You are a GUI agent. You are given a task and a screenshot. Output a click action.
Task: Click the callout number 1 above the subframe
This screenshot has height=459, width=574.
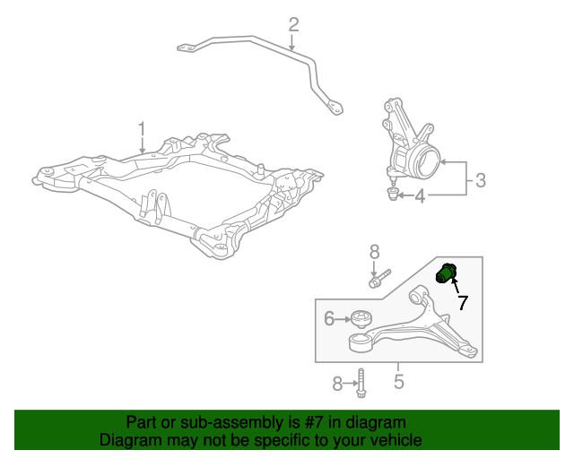(142, 131)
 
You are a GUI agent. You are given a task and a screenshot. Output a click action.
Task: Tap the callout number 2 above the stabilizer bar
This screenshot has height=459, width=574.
(293, 25)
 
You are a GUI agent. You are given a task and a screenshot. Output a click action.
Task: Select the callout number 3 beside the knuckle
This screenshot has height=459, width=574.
(481, 180)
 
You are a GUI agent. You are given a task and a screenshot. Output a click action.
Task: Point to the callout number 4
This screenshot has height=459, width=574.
(420, 195)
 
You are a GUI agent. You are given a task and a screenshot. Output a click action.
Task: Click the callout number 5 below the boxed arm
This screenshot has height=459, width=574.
(398, 381)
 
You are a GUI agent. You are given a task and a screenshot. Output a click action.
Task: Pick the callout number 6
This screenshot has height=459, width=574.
(329, 318)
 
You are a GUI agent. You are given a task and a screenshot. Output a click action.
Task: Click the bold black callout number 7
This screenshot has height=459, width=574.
(463, 302)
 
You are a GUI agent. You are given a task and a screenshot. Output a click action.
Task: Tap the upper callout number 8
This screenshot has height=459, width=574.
(374, 252)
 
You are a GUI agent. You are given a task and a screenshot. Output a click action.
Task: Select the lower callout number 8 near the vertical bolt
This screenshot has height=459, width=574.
(337, 384)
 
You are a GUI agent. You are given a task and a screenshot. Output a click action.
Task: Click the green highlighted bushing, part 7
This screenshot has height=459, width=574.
(446, 273)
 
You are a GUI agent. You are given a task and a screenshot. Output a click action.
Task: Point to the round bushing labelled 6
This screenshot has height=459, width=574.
(361, 319)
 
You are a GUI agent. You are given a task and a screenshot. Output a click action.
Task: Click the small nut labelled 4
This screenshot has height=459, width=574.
(393, 194)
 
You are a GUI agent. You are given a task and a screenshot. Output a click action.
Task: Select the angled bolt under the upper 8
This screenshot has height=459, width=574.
(380, 279)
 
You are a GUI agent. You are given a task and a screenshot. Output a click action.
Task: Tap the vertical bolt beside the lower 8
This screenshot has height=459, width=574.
(361, 383)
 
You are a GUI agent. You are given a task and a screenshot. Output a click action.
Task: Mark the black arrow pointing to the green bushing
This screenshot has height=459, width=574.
(456, 285)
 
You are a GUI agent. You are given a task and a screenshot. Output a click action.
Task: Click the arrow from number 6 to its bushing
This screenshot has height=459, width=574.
(343, 319)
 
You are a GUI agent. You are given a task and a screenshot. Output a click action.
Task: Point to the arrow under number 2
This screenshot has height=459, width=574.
(291, 42)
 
